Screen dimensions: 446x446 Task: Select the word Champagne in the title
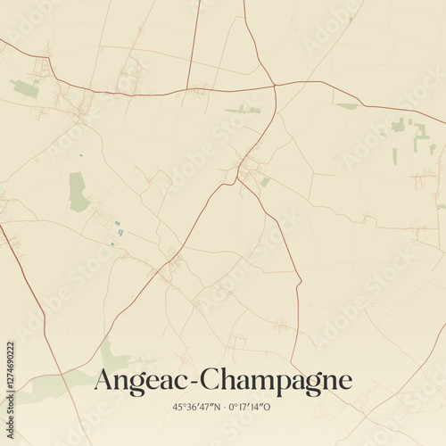pos(277,380)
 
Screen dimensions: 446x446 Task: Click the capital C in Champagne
pos(211,379)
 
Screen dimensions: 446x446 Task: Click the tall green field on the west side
pos(78,191)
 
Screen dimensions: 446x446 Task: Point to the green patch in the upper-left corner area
pos(25,87)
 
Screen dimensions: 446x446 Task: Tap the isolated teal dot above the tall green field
pos(79,155)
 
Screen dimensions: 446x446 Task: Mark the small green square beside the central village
pos(265,182)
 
